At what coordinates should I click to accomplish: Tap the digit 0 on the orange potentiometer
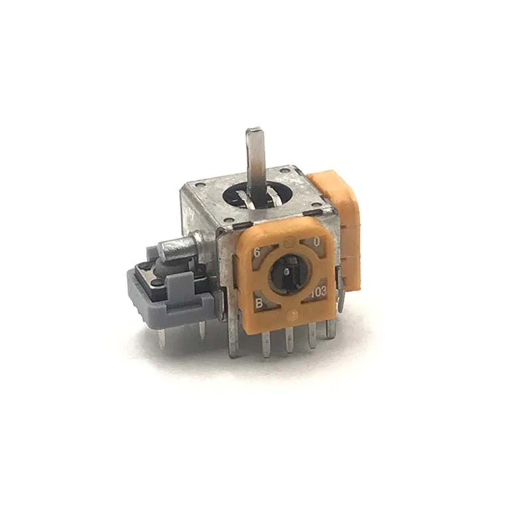pos(317,243)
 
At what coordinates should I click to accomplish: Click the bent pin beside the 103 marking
pos(341,293)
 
